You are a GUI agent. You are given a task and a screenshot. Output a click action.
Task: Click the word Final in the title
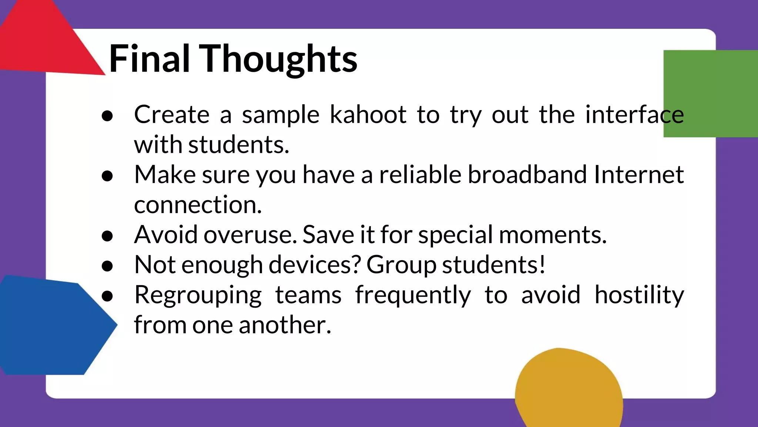149,59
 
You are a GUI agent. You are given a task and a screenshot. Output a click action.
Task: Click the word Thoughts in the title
278,59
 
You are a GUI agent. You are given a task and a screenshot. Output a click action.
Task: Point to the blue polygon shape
52,326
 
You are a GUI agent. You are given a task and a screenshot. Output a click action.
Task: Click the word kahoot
368,115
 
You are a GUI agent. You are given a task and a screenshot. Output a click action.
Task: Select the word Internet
639,175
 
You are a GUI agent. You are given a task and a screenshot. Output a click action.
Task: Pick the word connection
198,205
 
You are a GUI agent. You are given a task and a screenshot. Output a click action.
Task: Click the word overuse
250,235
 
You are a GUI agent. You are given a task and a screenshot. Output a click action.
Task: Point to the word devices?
315,265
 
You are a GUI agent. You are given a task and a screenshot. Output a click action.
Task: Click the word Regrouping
198,296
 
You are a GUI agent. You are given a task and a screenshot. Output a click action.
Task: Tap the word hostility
639,295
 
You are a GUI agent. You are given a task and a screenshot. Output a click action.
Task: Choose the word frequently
413,296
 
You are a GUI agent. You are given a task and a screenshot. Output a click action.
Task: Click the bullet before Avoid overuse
107,236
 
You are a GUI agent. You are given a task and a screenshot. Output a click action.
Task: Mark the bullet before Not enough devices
107,266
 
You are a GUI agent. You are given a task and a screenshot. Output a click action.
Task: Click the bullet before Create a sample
107,116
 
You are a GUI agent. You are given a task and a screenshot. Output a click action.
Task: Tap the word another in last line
285,325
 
